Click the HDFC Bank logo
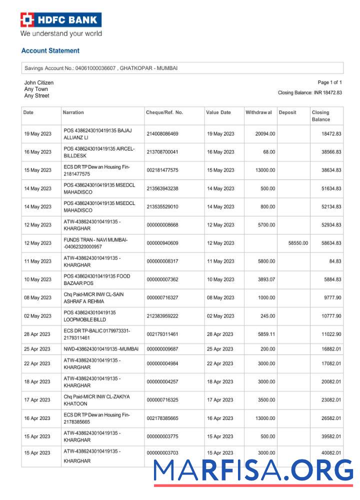[61, 20]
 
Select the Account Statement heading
[50, 50]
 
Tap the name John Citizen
[39, 82]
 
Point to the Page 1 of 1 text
[329, 82]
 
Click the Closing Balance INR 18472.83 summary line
[309, 92]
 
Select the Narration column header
[73, 112]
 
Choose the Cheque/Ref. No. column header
[164, 112]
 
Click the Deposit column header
[287, 112]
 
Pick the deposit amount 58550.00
[298, 243]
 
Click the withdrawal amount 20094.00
[265, 134]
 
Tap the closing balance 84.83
[334, 261]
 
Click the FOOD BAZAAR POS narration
[97, 279]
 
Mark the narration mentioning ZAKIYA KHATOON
[96, 400]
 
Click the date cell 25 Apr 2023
[37, 348]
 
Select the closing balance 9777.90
[331, 297]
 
